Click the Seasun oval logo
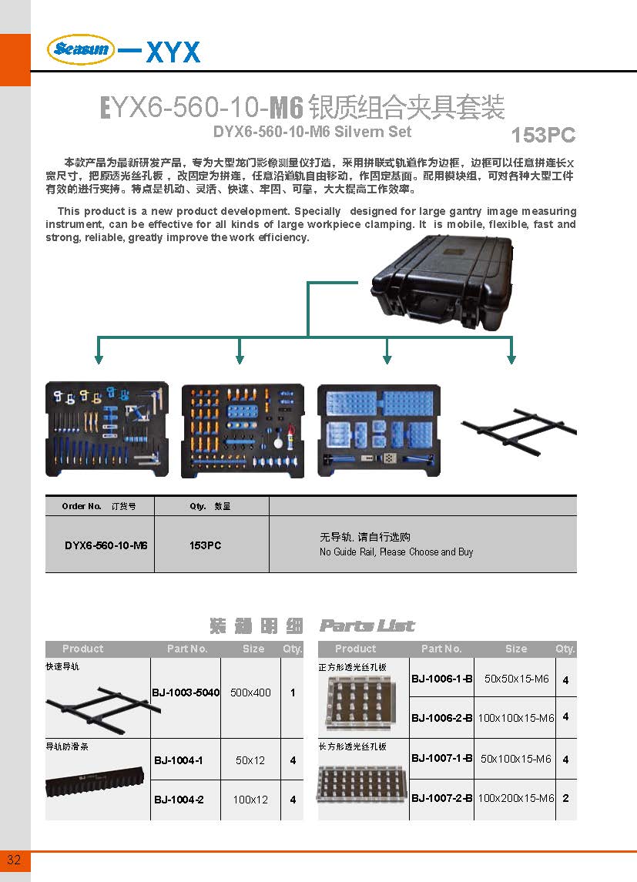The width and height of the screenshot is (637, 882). (x=81, y=49)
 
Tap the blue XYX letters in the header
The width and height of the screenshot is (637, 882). (x=173, y=52)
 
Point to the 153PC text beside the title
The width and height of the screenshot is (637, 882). (x=543, y=135)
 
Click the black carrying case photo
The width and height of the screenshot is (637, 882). (x=442, y=283)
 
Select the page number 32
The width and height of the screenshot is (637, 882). (x=14, y=860)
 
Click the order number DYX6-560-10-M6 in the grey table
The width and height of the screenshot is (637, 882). (x=106, y=545)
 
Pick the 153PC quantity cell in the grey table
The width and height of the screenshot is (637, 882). (x=205, y=545)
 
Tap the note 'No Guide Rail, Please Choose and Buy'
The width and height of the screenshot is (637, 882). (x=396, y=552)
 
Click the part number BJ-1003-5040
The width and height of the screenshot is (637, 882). (x=186, y=693)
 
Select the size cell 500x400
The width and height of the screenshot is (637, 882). (x=250, y=693)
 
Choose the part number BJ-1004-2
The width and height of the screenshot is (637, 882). (x=179, y=800)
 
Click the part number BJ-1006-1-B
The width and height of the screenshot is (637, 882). (x=442, y=679)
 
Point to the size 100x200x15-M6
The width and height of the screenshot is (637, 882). (x=515, y=797)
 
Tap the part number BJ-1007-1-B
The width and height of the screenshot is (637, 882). (x=442, y=758)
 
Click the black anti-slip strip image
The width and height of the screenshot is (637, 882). (x=95, y=781)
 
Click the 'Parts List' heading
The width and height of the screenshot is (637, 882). (x=367, y=625)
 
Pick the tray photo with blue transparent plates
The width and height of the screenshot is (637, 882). (x=378, y=431)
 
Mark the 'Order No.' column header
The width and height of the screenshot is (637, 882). (x=82, y=506)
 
